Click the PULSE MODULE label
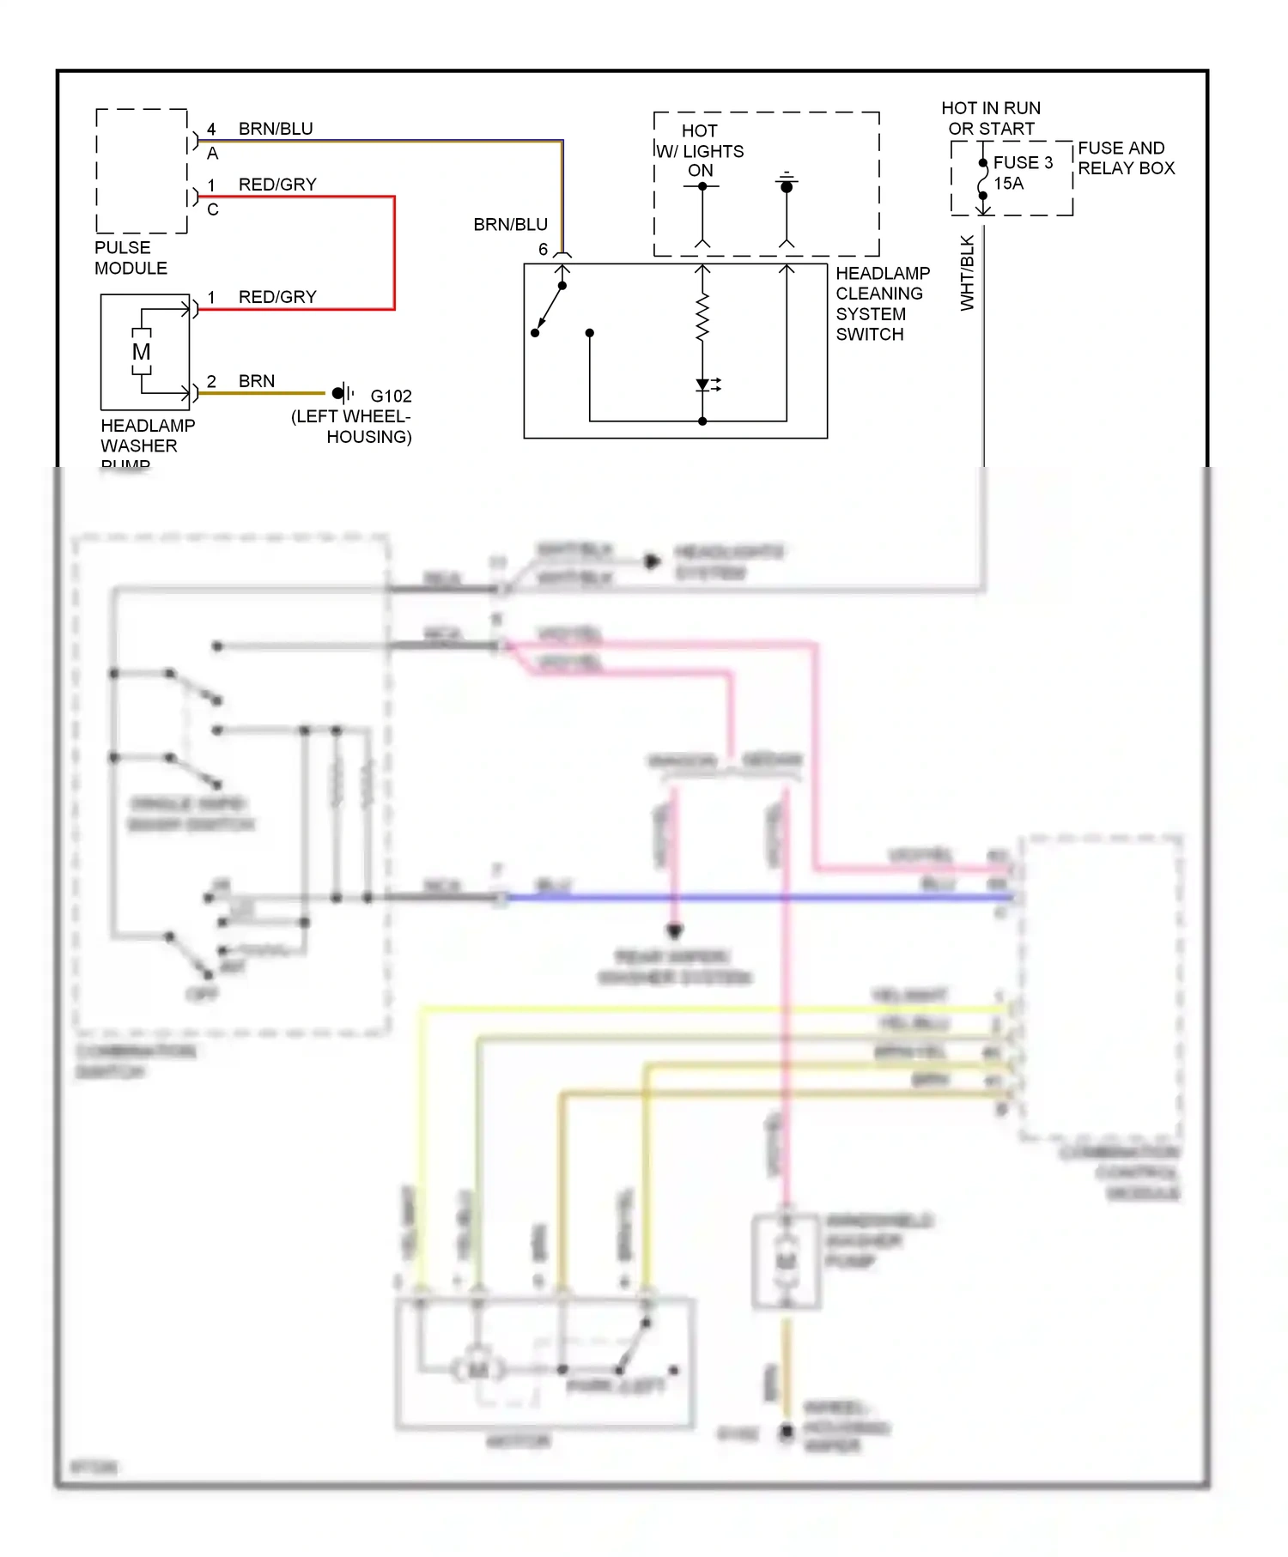(131, 257)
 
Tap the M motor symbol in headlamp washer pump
(142, 352)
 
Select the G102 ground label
(391, 396)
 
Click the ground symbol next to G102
(342, 393)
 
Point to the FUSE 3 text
(1022, 162)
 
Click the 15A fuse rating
(1008, 183)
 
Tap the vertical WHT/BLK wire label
(968, 273)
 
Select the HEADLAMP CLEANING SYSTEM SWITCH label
(882, 304)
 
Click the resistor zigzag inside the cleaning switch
(702, 318)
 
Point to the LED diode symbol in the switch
(703, 385)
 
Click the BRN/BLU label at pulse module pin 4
(276, 129)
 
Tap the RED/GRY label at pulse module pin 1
(277, 185)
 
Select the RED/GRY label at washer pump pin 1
(277, 297)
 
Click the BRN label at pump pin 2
(257, 381)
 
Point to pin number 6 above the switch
(543, 249)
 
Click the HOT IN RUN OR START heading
(991, 118)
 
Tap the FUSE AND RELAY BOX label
(1126, 158)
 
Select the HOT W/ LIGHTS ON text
(701, 150)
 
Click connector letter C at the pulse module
(213, 209)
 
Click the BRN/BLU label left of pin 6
(510, 224)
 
